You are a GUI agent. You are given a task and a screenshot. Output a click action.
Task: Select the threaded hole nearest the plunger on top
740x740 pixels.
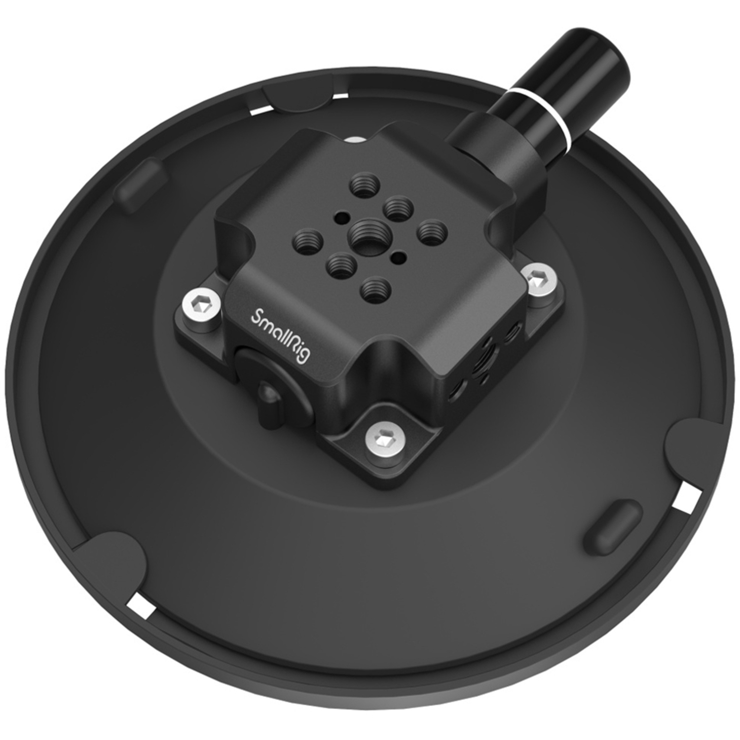point(364,187)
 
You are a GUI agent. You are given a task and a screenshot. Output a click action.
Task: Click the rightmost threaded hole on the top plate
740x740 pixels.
point(433,230)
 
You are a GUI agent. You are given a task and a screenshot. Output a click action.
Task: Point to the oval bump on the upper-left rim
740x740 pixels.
point(139,185)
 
